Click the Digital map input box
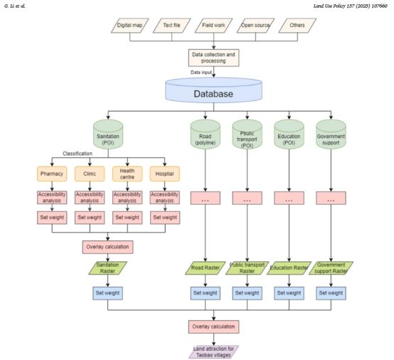coord(130,26)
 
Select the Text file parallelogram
coord(171,26)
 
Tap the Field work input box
coord(213,26)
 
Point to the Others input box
coord(297,26)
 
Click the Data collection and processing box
coord(213,58)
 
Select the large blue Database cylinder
coord(213,90)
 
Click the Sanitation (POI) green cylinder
coord(108,134)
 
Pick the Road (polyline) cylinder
coord(206,134)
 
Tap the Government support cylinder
coord(331,134)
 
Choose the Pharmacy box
coord(52,174)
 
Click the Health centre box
coord(127,174)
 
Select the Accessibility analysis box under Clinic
coord(90,198)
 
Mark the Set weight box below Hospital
coord(165,218)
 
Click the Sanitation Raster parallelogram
coord(107,268)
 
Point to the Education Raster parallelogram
coord(289,268)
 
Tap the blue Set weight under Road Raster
coord(206,293)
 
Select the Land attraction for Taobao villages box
coord(213,352)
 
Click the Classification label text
coord(78,154)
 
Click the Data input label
coord(201,73)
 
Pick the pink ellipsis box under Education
coord(289,198)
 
